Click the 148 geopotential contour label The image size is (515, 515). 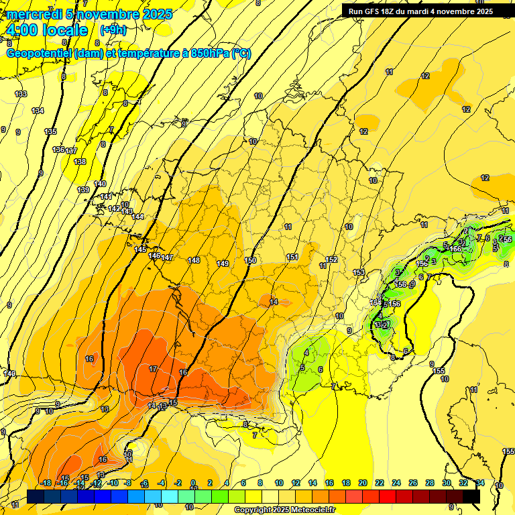coord(194,260)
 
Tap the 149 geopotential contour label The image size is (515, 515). coord(223,264)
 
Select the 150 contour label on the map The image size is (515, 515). coord(251,260)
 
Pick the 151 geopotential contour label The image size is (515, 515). coord(292,257)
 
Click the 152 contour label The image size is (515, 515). coord(331,260)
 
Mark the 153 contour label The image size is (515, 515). coord(359,272)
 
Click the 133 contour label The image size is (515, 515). coord(21,94)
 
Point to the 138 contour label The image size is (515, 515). coord(80,162)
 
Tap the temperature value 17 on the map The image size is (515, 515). coord(153,369)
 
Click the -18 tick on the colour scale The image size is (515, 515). coord(46,483)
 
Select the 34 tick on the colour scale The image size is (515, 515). coord(480,483)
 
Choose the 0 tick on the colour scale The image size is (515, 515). coord(193,483)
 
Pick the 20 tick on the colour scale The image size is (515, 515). coord(362,483)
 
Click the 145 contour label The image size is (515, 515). coord(140,249)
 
